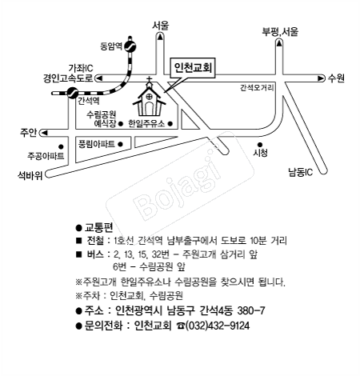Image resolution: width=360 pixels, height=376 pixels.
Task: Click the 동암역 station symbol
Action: [130, 46]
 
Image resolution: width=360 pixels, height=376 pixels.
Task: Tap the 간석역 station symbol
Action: [72, 93]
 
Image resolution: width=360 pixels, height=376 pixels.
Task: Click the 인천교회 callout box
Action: [193, 68]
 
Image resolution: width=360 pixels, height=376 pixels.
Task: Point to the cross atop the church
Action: [150, 80]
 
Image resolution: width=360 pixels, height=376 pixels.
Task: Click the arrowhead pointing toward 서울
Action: [160, 37]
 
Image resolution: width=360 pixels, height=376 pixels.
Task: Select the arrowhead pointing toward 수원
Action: [320, 78]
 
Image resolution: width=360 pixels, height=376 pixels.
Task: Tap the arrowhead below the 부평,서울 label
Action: [279, 42]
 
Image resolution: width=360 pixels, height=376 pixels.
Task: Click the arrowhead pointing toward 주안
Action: [44, 133]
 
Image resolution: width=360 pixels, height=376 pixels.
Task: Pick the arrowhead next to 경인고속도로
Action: [99, 78]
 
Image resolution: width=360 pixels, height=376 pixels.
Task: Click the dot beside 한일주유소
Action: [170, 124]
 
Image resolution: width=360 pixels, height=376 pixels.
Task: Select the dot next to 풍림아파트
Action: [120, 144]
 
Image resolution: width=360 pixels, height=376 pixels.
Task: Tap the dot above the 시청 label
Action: [260, 145]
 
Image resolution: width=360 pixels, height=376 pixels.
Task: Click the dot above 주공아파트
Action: [61, 146]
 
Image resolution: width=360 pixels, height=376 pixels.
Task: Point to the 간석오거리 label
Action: [257, 88]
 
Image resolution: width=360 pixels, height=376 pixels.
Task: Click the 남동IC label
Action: [301, 172]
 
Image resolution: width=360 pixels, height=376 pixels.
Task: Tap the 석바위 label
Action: [30, 175]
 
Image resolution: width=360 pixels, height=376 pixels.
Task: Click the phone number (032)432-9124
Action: [218, 326]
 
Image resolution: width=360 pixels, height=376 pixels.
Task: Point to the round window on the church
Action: [150, 97]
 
